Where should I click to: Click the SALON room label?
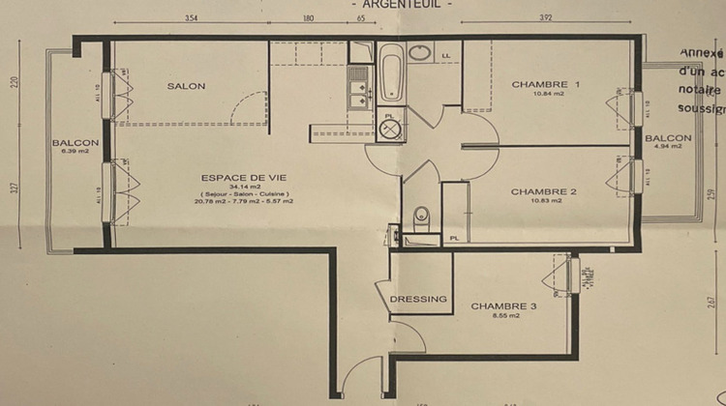(186, 86)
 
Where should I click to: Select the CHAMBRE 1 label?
(545, 85)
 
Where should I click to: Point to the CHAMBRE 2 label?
(543, 191)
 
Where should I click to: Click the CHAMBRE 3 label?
(503, 306)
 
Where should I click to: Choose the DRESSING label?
(419, 299)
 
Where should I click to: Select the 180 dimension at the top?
(308, 17)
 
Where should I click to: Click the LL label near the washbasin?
(446, 56)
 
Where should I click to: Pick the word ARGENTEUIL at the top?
(398, 4)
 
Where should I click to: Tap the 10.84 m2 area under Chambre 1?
(545, 95)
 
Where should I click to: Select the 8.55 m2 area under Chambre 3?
(503, 316)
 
